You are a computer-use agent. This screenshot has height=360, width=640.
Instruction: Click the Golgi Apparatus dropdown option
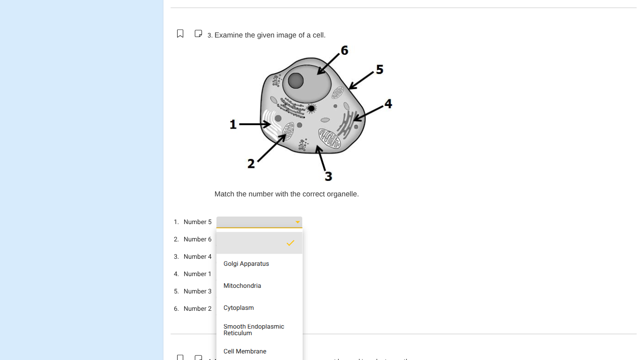pyautogui.click(x=246, y=264)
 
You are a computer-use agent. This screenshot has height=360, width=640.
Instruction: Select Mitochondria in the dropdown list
pyautogui.click(x=242, y=286)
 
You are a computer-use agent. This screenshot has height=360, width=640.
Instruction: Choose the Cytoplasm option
pyautogui.click(x=238, y=308)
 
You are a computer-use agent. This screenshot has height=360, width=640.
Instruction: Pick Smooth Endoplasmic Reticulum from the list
pyautogui.click(x=253, y=330)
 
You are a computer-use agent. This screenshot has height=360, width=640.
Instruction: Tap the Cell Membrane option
pyautogui.click(x=245, y=352)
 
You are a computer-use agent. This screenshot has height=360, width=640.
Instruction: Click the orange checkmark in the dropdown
pyautogui.click(x=290, y=243)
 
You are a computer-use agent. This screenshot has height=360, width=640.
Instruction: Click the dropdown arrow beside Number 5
pyautogui.click(x=298, y=222)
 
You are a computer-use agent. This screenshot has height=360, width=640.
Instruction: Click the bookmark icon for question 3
pyautogui.click(x=180, y=34)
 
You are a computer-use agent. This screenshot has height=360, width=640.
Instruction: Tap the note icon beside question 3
pyautogui.click(x=198, y=34)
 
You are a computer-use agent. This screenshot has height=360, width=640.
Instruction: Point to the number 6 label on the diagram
pyautogui.click(x=344, y=51)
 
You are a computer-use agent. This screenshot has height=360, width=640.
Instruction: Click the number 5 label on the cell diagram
pyautogui.click(x=380, y=70)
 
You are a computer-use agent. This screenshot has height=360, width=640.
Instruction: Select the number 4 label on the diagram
pyautogui.click(x=388, y=104)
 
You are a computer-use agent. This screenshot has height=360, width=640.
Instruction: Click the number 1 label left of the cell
pyautogui.click(x=233, y=125)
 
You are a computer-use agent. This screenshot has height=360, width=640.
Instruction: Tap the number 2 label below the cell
pyautogui.click(x=251, y=164)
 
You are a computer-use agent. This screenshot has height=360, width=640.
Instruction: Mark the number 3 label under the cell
pyautogui.click(x=328, y=176)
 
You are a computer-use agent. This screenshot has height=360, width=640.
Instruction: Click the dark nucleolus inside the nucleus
pyautogui.click(x=296, y=81)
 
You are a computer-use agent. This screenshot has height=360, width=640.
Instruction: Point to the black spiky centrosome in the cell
pyautogui.click(x=311, y=109)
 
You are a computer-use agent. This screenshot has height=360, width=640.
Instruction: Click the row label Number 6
pyautogui.click(x=197, y=240)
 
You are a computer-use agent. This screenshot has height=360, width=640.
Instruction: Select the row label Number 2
pyautogui.click(x=197, y=309)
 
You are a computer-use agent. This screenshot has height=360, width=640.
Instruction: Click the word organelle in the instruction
pyautogui.click(x=343, y=194)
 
